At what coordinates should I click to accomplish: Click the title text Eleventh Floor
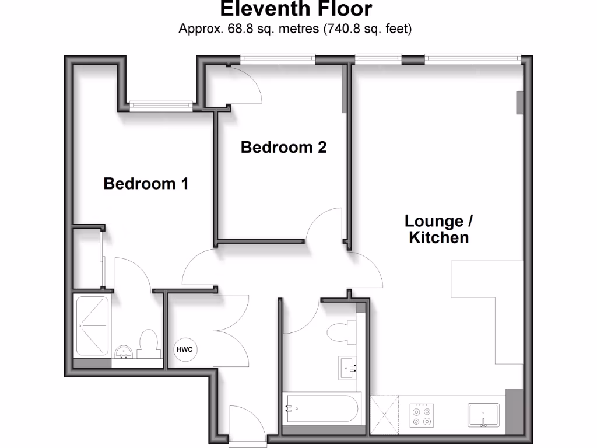[296, 9]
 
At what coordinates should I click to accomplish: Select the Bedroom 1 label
[146, 184]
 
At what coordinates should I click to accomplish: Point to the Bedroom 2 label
[283, 147]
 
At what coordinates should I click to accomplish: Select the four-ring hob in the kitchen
[422, 414]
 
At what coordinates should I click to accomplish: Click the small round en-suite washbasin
[124, 352]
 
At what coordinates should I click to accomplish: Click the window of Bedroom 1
[161, 106]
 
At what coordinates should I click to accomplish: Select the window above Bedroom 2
[278, 58]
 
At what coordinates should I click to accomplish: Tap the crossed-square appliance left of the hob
[384, 414]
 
